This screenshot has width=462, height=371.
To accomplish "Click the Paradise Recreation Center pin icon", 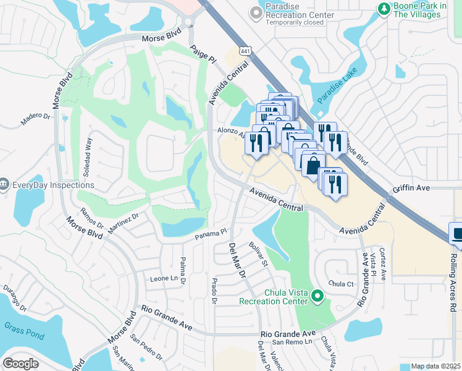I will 254,13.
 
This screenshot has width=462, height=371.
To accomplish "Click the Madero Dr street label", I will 35,118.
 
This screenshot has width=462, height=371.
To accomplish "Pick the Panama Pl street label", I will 212,234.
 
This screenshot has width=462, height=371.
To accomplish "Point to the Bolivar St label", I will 258,255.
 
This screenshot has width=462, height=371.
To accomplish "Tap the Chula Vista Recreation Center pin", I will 317,296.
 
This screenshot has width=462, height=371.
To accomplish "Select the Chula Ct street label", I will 340,284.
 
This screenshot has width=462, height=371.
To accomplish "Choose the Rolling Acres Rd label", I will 453,278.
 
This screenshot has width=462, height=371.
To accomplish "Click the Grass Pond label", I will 20,326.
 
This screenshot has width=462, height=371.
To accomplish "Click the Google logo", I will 20,363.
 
